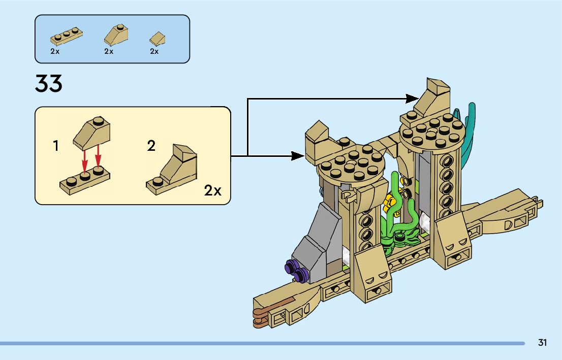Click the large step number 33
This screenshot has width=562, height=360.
point(49,84)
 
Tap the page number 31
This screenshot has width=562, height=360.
point(542,343)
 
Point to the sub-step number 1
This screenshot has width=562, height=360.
point(56,147)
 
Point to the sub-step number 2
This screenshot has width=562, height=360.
point(151,146)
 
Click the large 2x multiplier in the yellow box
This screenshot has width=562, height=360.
point(213,191)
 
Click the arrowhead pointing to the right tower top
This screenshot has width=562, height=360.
point(413,96)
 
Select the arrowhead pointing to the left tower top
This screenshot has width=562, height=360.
point(298,155)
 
